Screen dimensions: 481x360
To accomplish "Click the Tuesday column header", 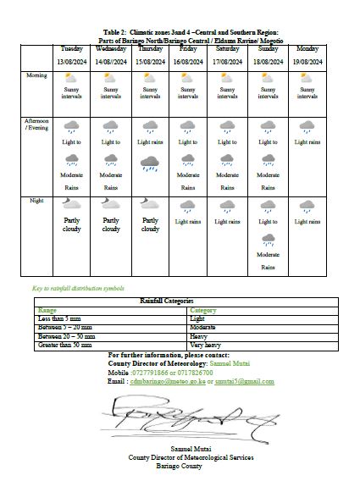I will coord(72,49).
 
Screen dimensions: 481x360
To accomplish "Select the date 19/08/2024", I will coord(307,62).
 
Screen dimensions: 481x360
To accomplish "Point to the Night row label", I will coord(36,200).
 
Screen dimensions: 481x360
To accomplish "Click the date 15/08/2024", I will coord(150,62).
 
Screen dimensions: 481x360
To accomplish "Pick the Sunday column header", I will coord(268,49).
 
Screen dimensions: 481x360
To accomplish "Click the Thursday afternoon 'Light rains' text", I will coord(150,142).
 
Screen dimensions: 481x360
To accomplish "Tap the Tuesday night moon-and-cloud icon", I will coord(72,204).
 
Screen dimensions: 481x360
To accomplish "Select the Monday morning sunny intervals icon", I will coord(307,79).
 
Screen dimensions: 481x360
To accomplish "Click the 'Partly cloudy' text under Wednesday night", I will coord(111,224).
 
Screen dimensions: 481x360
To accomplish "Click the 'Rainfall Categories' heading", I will coord(166,301).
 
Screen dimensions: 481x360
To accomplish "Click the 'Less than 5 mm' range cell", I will coord(60,318).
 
